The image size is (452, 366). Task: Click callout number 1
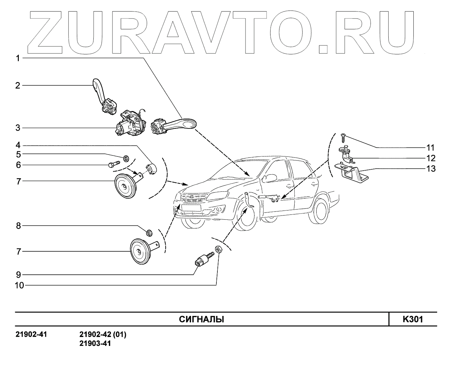[18, 58]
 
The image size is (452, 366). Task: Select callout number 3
[18, 128]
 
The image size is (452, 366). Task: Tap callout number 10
[19, 285]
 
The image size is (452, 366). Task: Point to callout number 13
[431, 169]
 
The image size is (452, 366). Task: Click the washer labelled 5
[126, 158]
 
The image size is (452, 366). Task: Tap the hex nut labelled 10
[218, 249]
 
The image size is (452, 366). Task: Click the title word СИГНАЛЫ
[201, 320]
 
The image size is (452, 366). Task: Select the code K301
[412, 319]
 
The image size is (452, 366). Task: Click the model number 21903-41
[95, 344]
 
